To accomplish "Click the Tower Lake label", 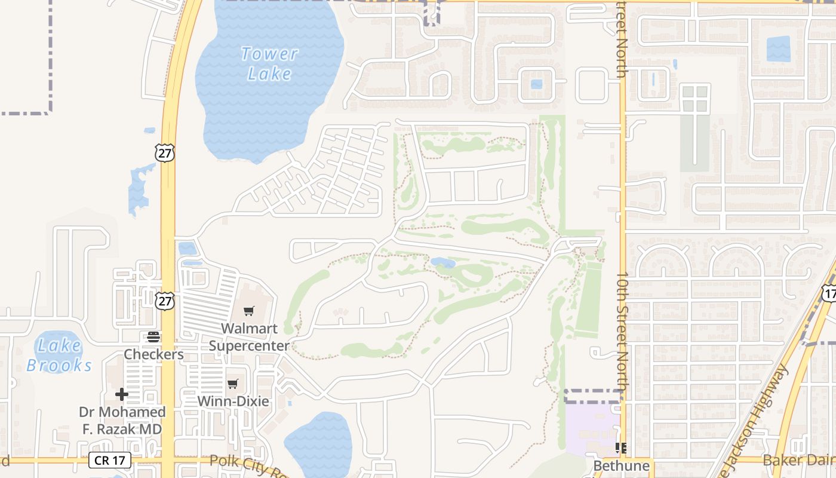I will (269, 63).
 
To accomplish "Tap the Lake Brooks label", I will (59, 355).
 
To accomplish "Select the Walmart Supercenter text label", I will (249, 337).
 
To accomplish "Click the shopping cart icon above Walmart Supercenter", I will (249, 311).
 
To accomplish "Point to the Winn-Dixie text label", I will (233, 401).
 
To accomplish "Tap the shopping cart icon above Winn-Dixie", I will (233, 384).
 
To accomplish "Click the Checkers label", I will (153, 354).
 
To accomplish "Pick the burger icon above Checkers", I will (153, 337).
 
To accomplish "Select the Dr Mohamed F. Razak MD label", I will (122, 421).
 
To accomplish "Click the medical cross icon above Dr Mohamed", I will (122, 394).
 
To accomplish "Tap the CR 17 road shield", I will (109, 460).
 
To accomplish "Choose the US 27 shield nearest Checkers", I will (165, 301).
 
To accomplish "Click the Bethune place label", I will (621, 465).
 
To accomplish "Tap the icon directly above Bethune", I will (621, 448).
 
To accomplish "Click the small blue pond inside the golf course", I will (443, 263).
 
